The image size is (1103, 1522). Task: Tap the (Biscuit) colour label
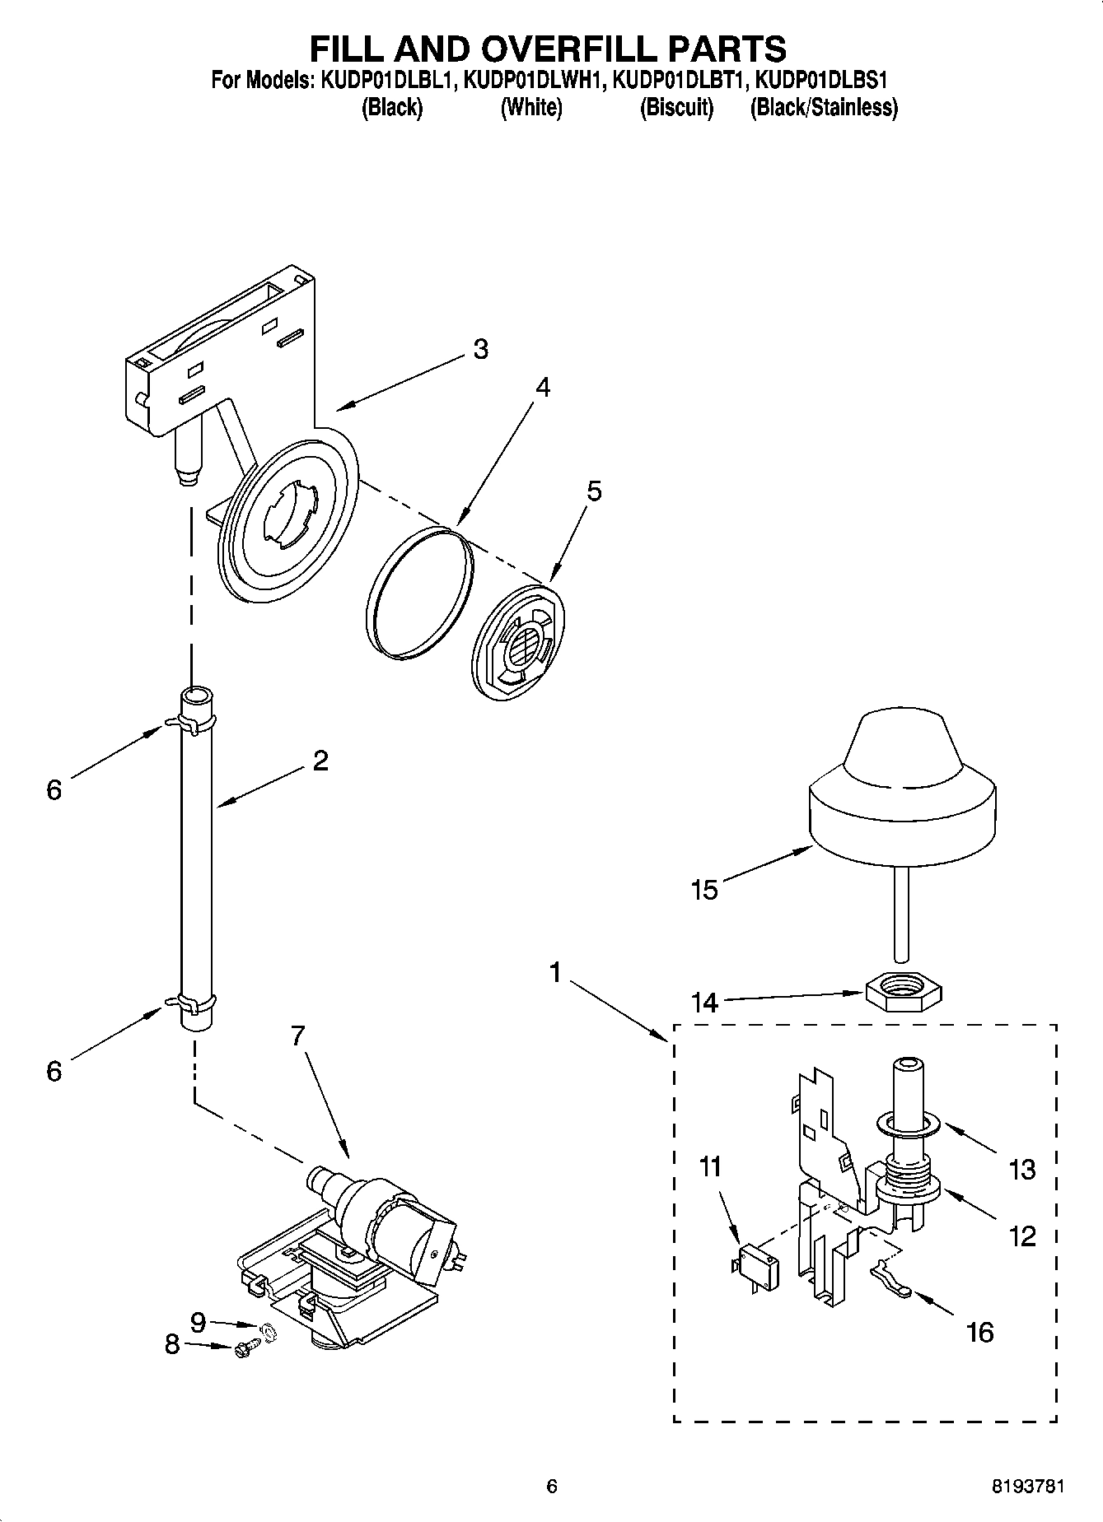(676, 108)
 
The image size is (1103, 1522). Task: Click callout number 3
(480, 349)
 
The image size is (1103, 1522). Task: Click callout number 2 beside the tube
(320, 760)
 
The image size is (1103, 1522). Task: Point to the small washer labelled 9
(268, 1329)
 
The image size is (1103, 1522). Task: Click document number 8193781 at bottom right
(1027, 1486)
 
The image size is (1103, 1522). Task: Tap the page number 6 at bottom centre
(552, 1486)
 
